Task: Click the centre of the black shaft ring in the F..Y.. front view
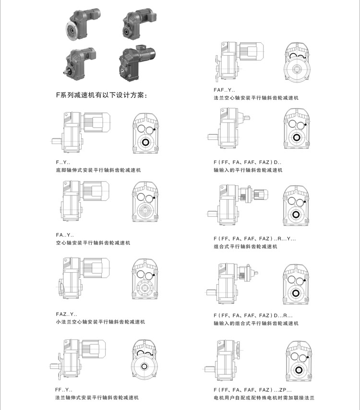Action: [145, 143]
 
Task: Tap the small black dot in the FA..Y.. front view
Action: [154, 198]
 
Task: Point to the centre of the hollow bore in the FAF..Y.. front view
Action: [296, 69]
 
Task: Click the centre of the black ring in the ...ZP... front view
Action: [298, 370]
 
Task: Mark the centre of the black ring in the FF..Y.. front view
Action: [144, 366]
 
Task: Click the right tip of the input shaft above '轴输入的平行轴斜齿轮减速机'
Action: [250, 118]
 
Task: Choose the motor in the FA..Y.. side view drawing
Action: [96, 191]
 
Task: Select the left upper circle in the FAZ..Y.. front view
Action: [141, 274]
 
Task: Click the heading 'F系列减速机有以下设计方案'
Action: [102, 95]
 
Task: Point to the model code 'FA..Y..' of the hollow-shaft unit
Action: [65, 235]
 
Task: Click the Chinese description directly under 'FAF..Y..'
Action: [256, 98]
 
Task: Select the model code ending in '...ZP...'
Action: [252, 390]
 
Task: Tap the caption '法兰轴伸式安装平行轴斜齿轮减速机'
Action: [97, 398]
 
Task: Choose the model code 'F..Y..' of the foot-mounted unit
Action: [63, 162]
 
